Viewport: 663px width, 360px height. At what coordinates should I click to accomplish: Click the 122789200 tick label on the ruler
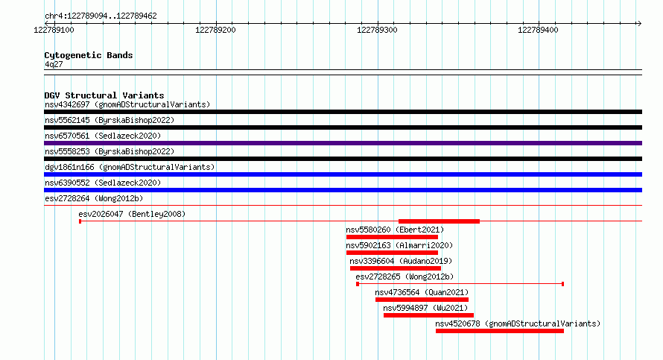pos(215,30)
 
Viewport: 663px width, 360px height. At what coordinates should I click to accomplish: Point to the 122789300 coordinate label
pos(377,30)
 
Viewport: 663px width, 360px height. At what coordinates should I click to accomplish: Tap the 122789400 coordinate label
pos(538,30)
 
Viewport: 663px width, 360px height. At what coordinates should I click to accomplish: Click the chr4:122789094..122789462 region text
pos(101,16)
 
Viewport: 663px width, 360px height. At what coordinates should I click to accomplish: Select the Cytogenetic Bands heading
pos(89,55)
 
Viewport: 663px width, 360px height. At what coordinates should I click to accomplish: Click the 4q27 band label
pos(54,64)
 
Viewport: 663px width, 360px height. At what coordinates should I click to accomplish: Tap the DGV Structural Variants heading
pos(104,95)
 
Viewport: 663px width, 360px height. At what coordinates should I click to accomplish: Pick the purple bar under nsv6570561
pos(343,143)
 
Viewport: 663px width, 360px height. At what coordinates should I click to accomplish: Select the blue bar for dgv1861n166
pos(343,174)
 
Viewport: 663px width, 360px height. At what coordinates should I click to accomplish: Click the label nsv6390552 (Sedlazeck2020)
pos(103,183)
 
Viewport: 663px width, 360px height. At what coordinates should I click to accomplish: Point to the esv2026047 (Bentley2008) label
pos(132,214)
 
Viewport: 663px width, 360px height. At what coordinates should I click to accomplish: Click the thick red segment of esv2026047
pos(439,221)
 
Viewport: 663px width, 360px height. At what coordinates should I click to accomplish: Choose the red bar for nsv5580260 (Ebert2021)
pos(392,237)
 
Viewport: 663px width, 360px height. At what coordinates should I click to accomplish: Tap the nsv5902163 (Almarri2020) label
pos(399,245)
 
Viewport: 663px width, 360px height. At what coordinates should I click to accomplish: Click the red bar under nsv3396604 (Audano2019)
pos(396,268)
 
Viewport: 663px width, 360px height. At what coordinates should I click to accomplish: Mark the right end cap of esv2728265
pos(562,284)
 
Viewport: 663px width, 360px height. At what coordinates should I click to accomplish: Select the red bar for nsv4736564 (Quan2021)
pos(422,300)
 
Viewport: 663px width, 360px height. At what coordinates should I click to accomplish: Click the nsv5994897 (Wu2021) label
pos(425,308)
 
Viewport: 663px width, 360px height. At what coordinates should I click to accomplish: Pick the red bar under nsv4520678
pos(500,331)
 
